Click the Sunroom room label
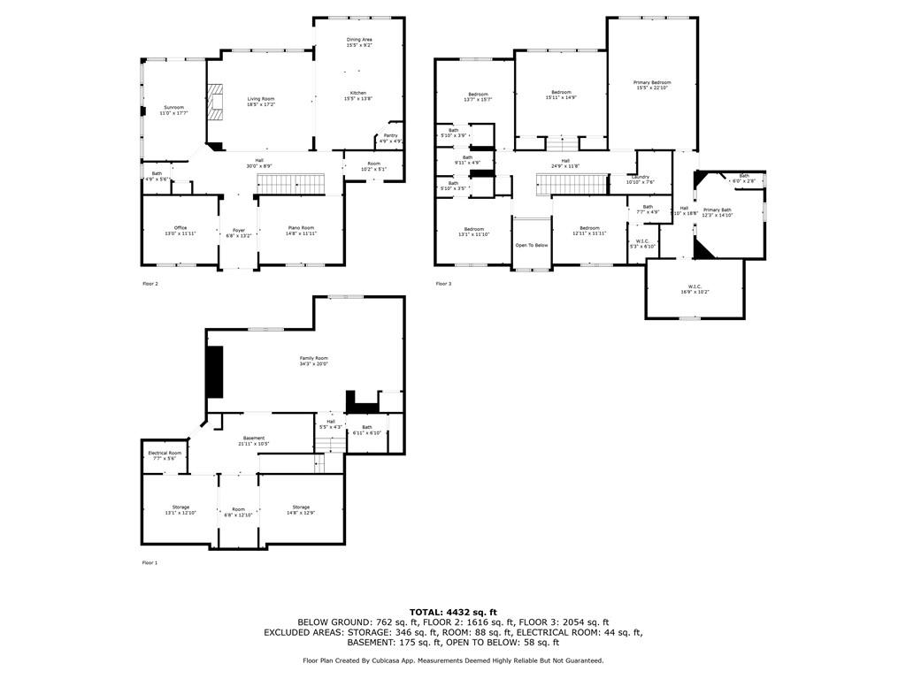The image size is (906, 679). [173, 108]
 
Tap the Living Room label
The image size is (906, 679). [261, 99]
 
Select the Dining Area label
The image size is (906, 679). [359, 40]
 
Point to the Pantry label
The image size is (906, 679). [391, 136]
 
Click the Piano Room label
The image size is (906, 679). [301, 228]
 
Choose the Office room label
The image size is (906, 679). [180, 228]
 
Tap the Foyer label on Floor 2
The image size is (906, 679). [239, 231]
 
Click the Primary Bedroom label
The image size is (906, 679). [652, 83]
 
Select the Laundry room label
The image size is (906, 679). [641, 178]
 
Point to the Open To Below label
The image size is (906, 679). [532, 245]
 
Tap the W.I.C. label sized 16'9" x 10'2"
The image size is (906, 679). [695, 286]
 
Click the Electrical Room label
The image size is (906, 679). [165, 454]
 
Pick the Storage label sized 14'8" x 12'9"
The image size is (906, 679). [301, 507]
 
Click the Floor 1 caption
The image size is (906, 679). [150, 562]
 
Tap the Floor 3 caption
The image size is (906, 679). [443, 284]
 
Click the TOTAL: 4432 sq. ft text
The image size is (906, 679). [453, 612]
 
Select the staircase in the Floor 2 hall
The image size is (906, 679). [292, 184]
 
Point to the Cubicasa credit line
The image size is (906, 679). [453, 660]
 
